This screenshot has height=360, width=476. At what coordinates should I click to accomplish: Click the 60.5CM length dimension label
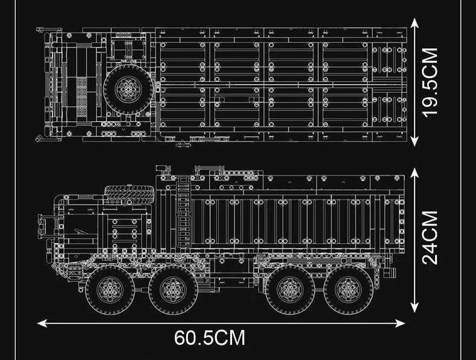[x=210, y=338]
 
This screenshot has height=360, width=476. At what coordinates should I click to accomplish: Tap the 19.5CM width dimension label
[x=431, y=82]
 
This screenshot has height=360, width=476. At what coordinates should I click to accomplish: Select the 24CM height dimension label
[x=431, y=237]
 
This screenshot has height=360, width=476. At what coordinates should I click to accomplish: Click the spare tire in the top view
[x=129, y=89]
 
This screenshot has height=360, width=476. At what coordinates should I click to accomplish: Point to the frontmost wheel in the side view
[x=110, y=289]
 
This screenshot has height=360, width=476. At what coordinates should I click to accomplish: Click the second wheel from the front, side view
[x=174, y=289]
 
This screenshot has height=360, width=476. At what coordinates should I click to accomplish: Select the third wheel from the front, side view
[x=290, y=289]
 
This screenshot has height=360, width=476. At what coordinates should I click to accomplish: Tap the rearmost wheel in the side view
[x=348, y=289]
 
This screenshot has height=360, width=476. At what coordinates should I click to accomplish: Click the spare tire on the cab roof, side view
[x=130, y=194]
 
